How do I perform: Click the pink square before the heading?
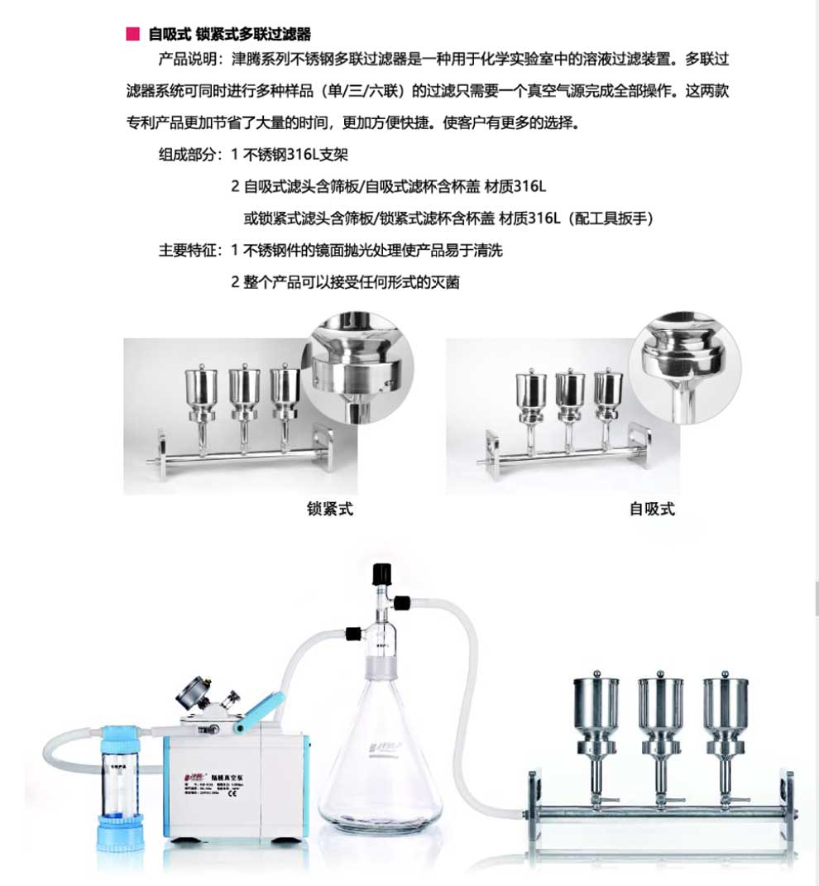point(131,34)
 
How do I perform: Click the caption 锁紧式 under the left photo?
point(329,510)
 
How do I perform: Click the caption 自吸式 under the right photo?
point(652,510)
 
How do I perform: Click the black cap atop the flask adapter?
point(381,572)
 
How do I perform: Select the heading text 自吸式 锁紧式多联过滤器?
point(230,34)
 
